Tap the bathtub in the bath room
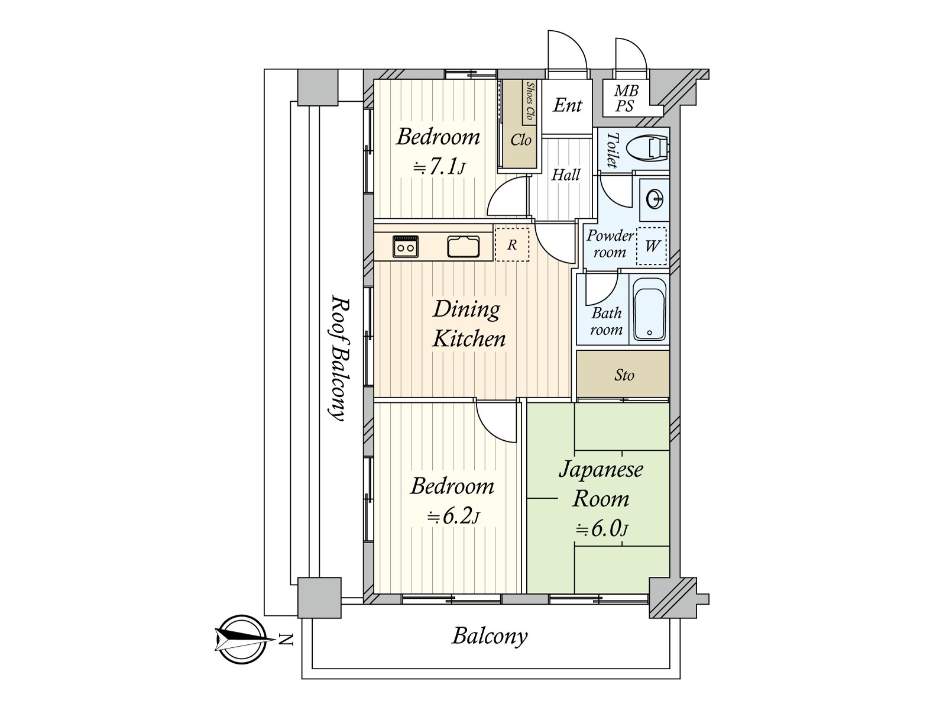click(x=649, y=309)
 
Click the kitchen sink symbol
click(x=464, y=247)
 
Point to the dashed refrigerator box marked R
click(x=512, y=244)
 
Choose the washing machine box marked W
click(x=652, y=246)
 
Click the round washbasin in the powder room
click(x=655, y=200)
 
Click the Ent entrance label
click(x=568, y=105)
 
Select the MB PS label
click(x=626, y=98)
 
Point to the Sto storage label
click(x=624, y=375)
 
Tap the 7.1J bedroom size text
click(x=439, y=167)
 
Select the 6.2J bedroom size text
click(x=453, y=516)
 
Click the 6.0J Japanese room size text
click(x=602, y=528)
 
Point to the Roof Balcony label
click(x=340, y=358)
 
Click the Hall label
click(x=566, y=175)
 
